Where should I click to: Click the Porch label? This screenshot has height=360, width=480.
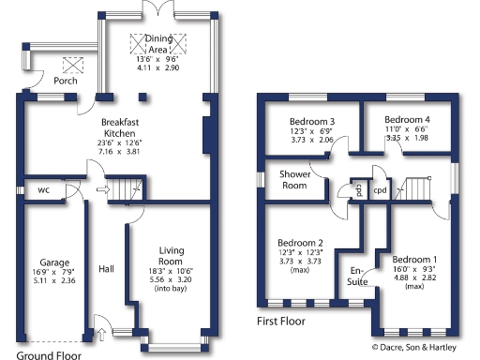(66, 81)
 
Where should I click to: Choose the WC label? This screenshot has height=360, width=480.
(44, 189)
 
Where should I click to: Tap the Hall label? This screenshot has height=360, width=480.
(106, 266)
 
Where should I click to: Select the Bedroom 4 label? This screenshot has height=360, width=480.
(408, 120)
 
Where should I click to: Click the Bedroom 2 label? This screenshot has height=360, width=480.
(300, 242)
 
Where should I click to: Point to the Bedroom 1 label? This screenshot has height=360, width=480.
(414, 259)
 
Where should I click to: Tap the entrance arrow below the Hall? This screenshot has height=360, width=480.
(101, 331)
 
